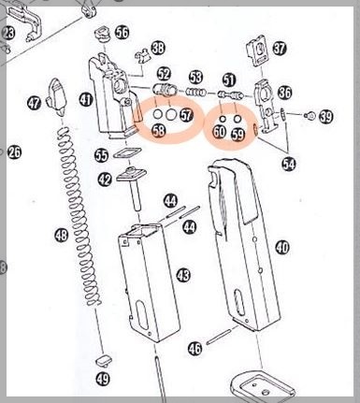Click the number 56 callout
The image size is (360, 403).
click(122, 32)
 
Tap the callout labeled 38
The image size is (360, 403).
click(159, 48)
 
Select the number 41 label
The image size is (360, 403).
click(85, 100)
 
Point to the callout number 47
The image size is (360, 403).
click(35, 103)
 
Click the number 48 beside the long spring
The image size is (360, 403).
click(62, 235)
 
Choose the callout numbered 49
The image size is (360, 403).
click(103, 379)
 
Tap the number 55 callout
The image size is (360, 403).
click(102, 155)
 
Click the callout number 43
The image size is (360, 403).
click(183, 275)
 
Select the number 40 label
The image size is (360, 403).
click(282, 248)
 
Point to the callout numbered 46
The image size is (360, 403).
click(195, 349)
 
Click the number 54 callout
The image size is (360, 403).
click(289, 164)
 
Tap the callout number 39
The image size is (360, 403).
click(326, 117)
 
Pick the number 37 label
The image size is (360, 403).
click(280, 49)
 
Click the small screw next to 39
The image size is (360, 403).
click(310, 116)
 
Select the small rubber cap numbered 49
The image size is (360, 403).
click(103, 360)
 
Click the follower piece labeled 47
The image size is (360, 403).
click(57, 96)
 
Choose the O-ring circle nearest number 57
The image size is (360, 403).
click(170, 115)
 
